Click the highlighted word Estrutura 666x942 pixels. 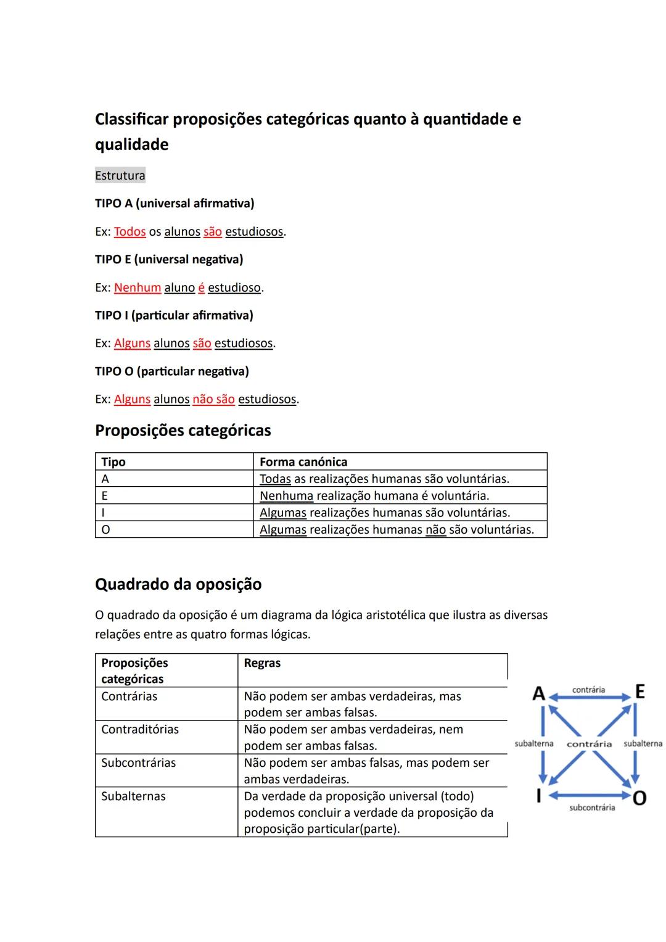[120, 176]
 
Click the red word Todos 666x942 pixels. [129, 232]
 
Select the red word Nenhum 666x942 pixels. [137, 287]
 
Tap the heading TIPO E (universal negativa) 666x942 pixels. [169, 260]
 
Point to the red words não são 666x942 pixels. [213, 399]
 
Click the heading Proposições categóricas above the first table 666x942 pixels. [183, 431]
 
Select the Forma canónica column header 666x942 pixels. [303, 462]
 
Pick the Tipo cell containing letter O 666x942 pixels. [105, 530]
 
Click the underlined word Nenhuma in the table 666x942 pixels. [286, 496]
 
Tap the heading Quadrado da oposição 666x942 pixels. [178, 584]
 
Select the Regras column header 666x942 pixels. [262, 663]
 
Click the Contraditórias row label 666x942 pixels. [140, 729]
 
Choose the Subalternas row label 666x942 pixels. [133, 796]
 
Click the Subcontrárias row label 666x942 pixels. [138, 763]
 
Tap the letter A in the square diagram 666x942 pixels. [538, 693]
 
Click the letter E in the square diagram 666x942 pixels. [639, 692]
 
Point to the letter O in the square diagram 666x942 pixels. [639, 798]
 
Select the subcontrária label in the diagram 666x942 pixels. [591, 808]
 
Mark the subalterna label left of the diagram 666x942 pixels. [533, 744]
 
